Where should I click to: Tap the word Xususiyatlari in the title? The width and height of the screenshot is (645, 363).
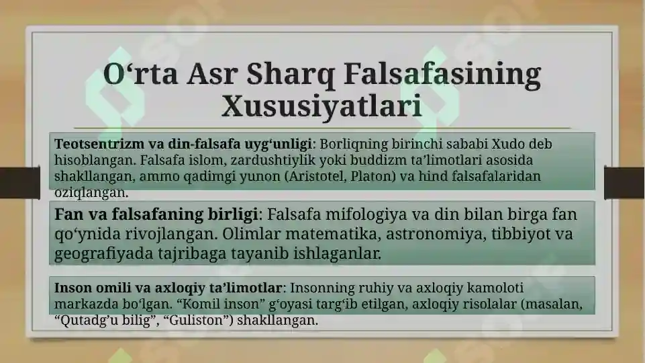click(x=321, y=106)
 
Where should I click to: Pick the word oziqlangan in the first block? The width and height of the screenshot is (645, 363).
click(x=91, y=192)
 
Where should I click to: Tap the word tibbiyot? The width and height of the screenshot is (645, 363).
click(x=519, y=234)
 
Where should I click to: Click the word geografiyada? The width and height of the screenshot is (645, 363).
click(x=103, y=253)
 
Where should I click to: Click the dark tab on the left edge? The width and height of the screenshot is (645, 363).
click(x=19, y=183)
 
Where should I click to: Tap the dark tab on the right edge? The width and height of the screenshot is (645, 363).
click(x=624, y=183)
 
